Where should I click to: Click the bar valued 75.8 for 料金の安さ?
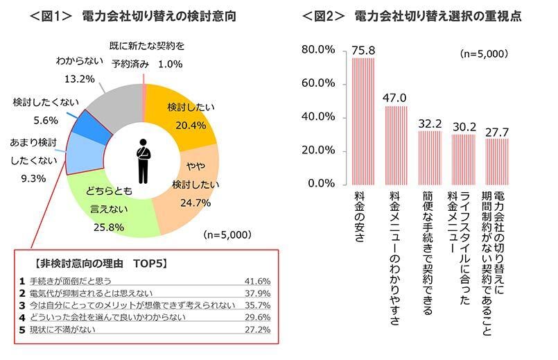[363, 121]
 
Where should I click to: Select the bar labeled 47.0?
[396, 145]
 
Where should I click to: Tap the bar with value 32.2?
[429, 157]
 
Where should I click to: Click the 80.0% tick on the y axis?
[319, 50]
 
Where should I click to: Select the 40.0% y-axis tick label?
[319, 117]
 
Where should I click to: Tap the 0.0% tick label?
[322, 184]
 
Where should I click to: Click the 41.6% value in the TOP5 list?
[256, 282]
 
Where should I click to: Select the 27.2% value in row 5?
[256, 329]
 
